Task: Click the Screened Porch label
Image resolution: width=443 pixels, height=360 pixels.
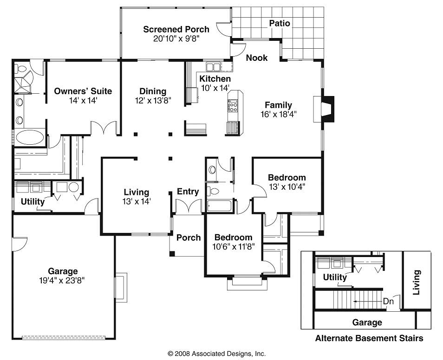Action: pyautogui.click(x=176, y=29)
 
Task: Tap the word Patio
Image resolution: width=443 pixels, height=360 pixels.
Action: pyautogui.click(x=280, y=23)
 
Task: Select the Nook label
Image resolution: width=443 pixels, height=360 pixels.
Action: pyautogui.click(x=257, y=58)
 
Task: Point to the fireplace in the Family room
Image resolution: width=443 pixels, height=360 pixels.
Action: pyautogui.click(x=327, y=109)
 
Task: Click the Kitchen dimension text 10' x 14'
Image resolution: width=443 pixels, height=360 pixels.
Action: pyautogui.click(x=215, y=88)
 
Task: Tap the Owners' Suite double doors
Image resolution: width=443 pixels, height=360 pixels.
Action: pyautogui.click(x=104, y=128)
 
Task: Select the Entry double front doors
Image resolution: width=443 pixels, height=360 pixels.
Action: pyautogui.click(x=188, y=206)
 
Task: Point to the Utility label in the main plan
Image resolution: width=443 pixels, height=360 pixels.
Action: pyautogui.click(x=33, y=202)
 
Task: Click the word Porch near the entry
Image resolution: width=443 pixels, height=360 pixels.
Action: pyautogui.click(x=189, y=238)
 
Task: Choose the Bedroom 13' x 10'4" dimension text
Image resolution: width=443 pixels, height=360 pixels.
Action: pyautogui.click(x=287, y=187)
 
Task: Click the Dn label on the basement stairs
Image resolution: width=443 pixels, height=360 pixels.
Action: pyautogui.click(x=388, y=301)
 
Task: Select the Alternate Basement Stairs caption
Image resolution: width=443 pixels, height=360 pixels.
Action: pyautogui.click(x=369, y=338)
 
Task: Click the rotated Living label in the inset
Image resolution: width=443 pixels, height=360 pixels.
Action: pyautogui.click(x=417, y=282)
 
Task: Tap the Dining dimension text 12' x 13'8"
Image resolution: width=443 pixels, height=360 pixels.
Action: pyautogui.click(x=153, y=100)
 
